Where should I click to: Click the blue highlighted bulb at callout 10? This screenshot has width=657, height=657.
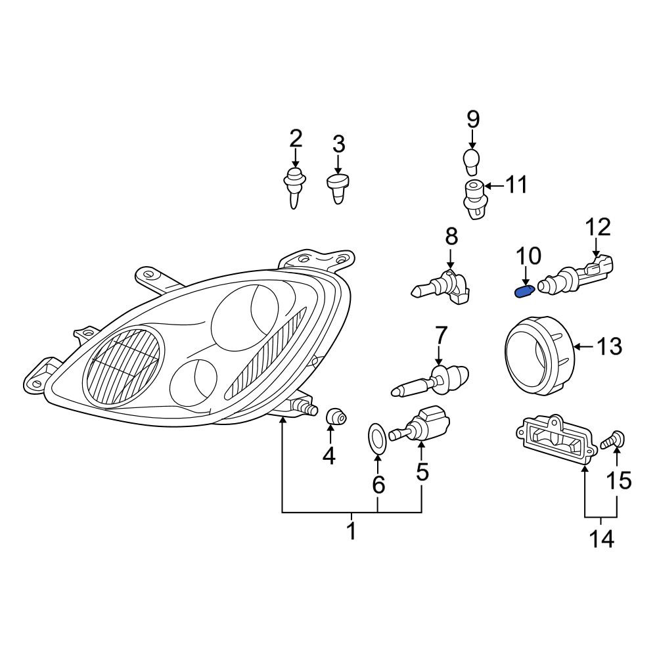524,291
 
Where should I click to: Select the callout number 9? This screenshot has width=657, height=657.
472,120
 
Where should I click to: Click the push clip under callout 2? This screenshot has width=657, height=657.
295,187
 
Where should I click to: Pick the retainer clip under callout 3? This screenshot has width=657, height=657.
338,189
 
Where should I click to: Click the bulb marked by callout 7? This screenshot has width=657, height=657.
430,379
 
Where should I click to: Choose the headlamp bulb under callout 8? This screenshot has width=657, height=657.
441,289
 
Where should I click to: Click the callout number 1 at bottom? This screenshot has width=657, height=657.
351,530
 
